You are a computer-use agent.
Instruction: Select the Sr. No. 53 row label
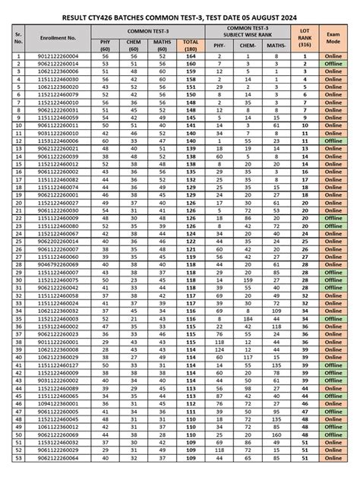tap(17, 459)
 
